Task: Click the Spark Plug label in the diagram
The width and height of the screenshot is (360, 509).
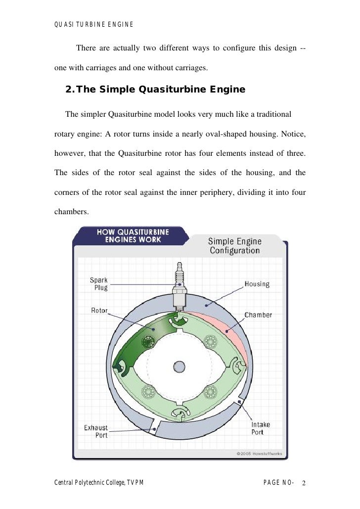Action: [98, 284]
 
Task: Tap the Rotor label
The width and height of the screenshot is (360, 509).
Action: [99, 311]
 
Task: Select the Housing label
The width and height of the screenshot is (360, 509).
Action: [257, 284]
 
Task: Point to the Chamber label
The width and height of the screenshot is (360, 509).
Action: [258, 315]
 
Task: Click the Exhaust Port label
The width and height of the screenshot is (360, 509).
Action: [95, 431]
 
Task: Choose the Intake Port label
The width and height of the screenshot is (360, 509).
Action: [257, 428]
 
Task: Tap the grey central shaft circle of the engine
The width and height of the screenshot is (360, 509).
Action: [179, 367]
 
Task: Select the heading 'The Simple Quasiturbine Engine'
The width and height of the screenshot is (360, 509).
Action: [155, 90]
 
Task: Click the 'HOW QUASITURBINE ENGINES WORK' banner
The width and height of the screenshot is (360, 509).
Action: [133, 235]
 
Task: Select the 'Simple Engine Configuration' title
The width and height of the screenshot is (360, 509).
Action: [235, 246]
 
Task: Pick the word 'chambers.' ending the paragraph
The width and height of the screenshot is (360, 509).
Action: [71, 212]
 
